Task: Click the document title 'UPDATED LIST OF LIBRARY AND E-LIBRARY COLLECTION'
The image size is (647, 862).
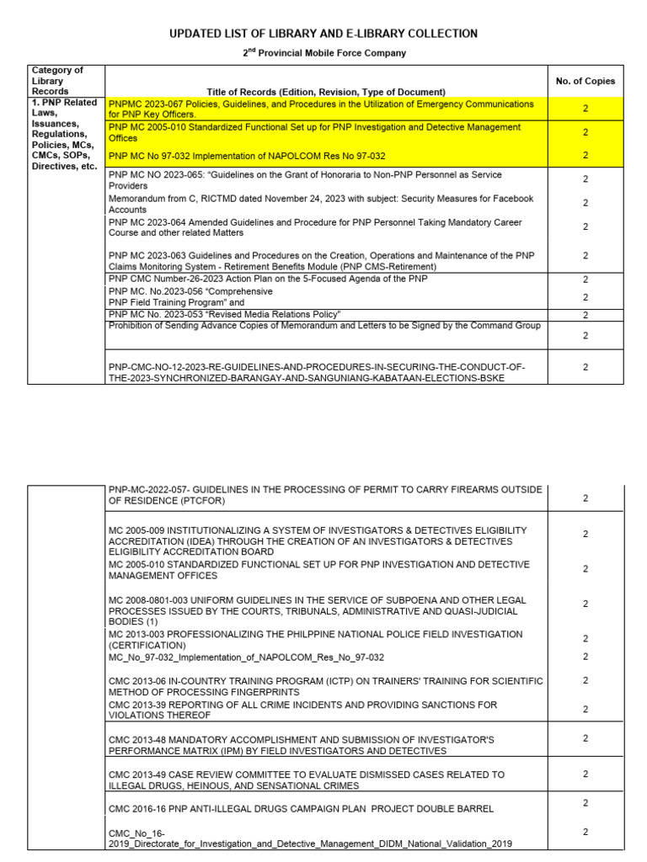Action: pos(323,34)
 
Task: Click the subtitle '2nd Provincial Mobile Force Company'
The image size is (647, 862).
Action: pos(324,53)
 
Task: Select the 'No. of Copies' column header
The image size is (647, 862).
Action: pos(586,81)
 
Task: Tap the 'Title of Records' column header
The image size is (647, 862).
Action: pos(326,92)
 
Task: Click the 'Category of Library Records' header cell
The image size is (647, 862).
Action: pos(57,81)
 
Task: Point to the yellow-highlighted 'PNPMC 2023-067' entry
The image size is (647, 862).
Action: pos(321,109)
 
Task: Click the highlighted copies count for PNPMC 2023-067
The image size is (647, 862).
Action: pos(586,109)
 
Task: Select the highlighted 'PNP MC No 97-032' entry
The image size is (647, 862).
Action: pos(247,156)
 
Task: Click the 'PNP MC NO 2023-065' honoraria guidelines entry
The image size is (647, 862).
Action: pos(305,180)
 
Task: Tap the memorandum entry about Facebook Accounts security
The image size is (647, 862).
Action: pos(321,204)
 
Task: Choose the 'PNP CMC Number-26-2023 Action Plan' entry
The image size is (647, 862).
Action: pos(268,279)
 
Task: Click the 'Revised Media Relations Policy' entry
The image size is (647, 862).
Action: pos(225,314)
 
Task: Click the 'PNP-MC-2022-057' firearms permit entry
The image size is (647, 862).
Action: pos(325,494)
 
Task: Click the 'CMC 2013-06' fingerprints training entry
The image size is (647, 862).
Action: pos(325,686)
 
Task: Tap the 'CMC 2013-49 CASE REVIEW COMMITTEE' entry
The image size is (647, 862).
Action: pos(307,780)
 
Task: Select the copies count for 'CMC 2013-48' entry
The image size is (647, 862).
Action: pos(586,738)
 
